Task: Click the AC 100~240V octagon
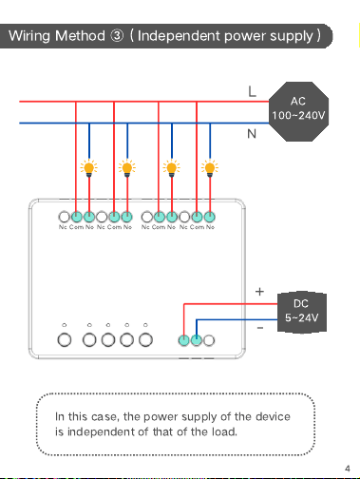[x=298, y=111]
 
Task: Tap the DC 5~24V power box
[x=302, y=312]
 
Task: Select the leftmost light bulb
[x=89, y=168]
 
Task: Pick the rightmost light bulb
[x=210, y=168]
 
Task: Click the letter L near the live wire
[x=252, y=92]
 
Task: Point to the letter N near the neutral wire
[x=252, y=134]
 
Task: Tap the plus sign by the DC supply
[x=259, y=292]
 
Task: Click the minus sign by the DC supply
[x=260, y=328]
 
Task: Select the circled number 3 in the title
[x=117, y=36]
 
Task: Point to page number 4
[x=348, y=469]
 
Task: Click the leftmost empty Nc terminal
[x=64, y=217]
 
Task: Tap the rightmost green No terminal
[x=210, y=217]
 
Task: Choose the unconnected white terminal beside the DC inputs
[x=209, y=340]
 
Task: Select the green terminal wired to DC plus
[x=184, y=340]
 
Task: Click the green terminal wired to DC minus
[x=197, y=340]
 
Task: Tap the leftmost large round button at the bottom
[x=65, y=340]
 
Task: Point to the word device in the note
[x=273, y=416]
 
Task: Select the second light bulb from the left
[x=127, y=168]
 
